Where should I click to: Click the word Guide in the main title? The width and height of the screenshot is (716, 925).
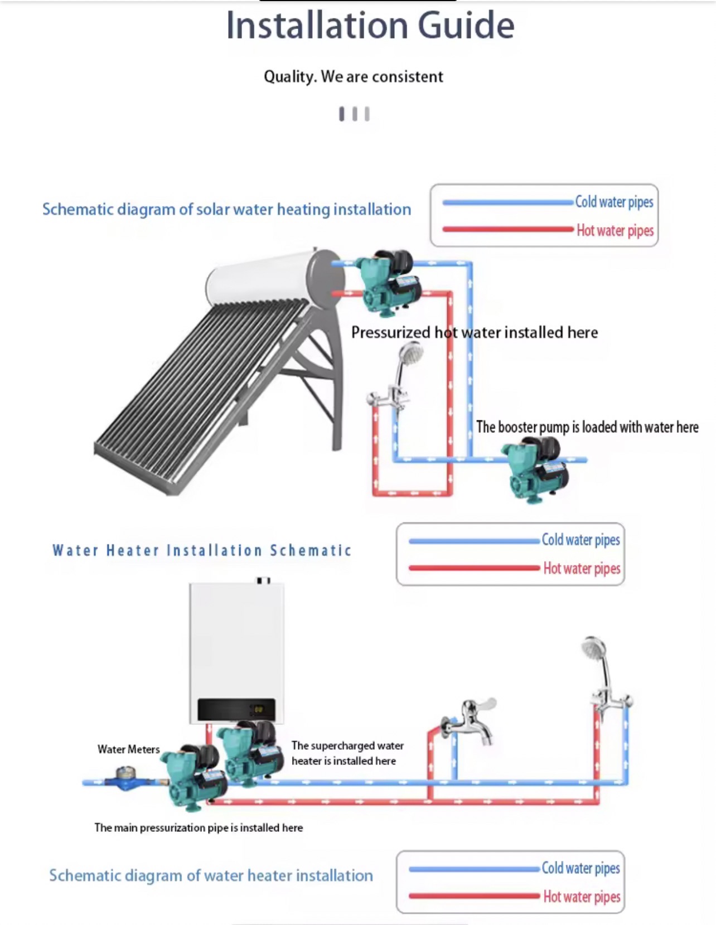point(466,26)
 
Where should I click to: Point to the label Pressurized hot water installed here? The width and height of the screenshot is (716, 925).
point(474,332)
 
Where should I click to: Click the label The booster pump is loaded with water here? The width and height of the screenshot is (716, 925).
point(587,427)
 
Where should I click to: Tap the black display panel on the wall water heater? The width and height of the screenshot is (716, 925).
point(236,710)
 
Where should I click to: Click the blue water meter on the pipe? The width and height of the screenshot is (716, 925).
point(127,778)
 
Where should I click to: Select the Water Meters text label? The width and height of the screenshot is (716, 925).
point(128,749)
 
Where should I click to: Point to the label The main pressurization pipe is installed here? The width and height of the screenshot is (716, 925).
point(199,828)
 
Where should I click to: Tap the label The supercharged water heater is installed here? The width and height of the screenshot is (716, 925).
point(347,753)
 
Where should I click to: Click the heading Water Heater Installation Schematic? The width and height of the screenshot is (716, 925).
point(202,551)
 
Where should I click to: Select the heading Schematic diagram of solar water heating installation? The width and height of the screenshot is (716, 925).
point(226,210)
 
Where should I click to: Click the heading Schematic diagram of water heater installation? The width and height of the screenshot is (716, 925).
point(211,876)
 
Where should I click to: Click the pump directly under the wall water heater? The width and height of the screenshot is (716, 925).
point(246,753)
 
